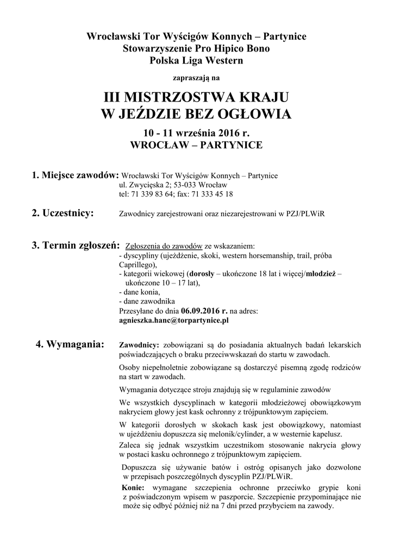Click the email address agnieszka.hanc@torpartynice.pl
[x=173, y=320]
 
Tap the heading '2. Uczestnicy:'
[x=62, y=212]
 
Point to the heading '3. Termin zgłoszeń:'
[x=76, y=245]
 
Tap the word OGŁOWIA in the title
[x=253, y=114]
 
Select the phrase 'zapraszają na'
[x=197, y=78]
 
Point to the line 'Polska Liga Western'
[x=197, y=60]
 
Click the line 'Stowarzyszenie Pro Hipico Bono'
[x=197, y=48]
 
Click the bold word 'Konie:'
[x=133, y=488]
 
